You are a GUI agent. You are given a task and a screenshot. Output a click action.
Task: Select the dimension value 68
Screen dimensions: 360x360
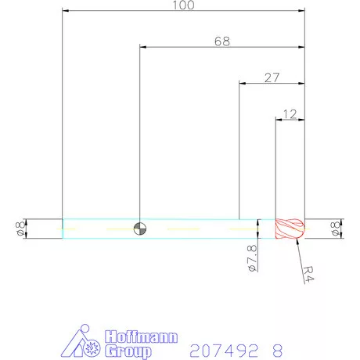point(221,41)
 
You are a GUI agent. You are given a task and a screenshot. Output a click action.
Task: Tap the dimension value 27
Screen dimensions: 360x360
point(272,77)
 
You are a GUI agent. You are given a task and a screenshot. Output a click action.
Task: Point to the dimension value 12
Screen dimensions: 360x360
point(289,114)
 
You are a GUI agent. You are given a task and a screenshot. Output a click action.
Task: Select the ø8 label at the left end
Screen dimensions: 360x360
point(19,229)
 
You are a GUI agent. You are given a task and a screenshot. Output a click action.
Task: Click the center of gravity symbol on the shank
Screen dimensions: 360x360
point(139,228)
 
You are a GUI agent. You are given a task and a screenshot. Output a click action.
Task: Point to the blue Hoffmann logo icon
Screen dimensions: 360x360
point(81,342)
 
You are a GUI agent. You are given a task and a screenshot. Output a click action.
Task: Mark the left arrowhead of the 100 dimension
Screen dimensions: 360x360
point(65,11)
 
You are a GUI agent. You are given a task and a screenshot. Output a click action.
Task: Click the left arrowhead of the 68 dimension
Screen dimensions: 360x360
point(142,47)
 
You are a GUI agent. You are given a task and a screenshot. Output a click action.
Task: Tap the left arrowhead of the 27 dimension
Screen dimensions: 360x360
point(241,83)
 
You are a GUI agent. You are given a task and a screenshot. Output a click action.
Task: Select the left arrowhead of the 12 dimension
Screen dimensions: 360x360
point(279,120)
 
